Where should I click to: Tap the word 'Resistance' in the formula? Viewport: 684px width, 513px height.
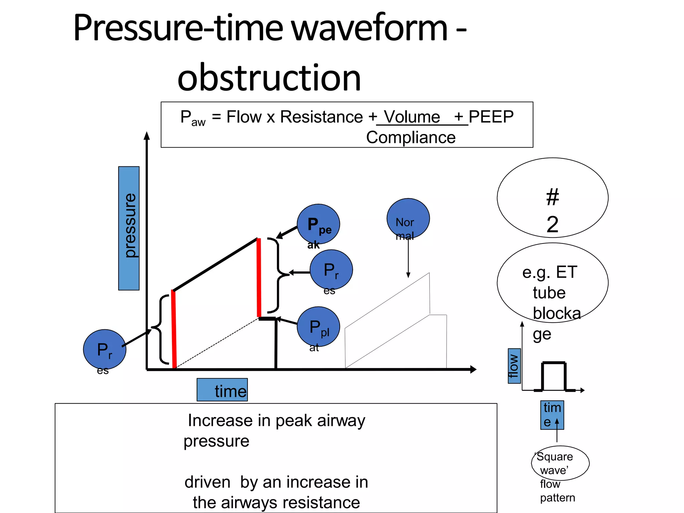click(x=321, y=117)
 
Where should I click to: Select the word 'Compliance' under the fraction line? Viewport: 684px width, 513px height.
click(x=411, y=137)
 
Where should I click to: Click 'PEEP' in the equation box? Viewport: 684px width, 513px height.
click(x=491, y=117)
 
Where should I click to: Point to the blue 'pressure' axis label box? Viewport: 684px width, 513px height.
click(x=129, y=228)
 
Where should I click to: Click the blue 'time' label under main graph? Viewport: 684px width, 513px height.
click(x=222, y=389)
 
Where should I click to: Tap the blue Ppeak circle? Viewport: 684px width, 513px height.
click(x=318, y=224)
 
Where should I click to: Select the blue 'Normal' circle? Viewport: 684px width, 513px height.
click(x=408, y=219)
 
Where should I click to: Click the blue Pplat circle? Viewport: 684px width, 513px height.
click(x=318, y=326)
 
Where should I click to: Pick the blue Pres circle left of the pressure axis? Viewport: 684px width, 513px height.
click(x=105, y=349)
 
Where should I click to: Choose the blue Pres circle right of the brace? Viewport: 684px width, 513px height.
click(x=331, y=270)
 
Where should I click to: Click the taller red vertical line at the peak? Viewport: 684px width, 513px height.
click(x=259, y=277)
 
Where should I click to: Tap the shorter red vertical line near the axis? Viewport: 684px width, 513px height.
click(x=174, y=329)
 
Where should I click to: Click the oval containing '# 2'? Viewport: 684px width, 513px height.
click(x=552, y=198)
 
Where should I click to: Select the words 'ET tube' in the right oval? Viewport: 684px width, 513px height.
click(x=550, y=282)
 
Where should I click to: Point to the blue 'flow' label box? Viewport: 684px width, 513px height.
click(x=514, y=366)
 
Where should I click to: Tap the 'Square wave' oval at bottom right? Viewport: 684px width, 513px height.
click(x=560, y=463)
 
